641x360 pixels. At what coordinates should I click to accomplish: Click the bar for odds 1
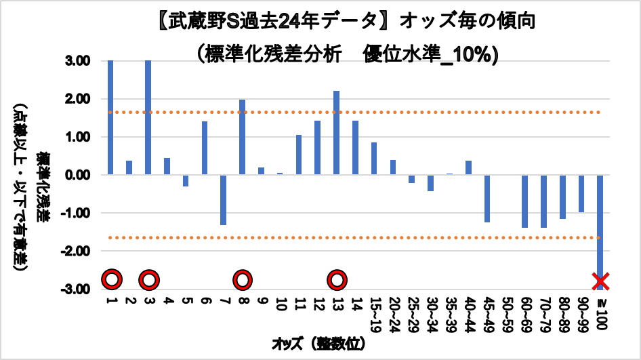(x=110, y=117)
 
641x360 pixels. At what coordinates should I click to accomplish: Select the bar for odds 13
(x=336, y=133)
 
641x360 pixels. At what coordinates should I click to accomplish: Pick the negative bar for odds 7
(x=223, y=199)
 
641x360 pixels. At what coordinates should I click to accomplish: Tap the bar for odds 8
(x=242, y=137)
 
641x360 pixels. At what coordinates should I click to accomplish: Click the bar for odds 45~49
(x=487, y=198)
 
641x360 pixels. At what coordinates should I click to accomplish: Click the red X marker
(x=600, y=280)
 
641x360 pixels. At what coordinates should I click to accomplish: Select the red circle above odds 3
(x=149, y=279)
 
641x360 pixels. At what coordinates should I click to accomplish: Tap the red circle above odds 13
(x=337, y=279)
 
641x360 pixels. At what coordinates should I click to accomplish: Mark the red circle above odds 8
(x=243, y=279)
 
